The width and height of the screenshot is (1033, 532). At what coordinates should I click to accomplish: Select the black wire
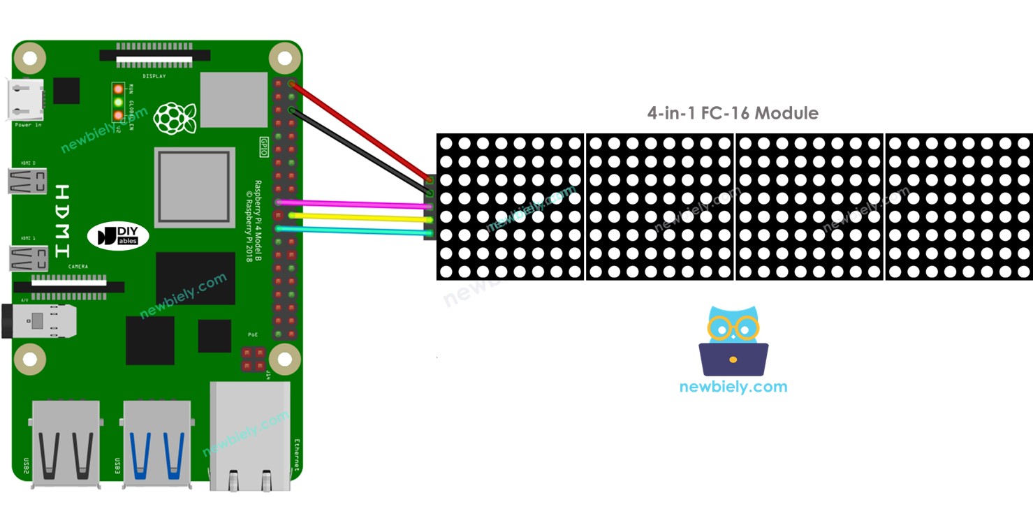tap(360, 150)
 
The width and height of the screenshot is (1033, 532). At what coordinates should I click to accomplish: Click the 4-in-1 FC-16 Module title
tap(733, 113)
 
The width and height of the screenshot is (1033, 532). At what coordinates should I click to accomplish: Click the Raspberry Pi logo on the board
tap(175, 119)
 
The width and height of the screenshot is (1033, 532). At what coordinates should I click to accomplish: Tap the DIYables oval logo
tap(118, 236)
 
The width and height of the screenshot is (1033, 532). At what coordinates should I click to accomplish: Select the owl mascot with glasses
tap(733, 341)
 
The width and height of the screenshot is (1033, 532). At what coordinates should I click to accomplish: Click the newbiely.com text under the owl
tap(733, 387)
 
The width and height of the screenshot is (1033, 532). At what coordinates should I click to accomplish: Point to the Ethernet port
tap(250, 433)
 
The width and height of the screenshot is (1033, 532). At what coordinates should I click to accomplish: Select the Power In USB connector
tap(27, 100)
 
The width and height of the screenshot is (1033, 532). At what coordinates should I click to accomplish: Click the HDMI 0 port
tap(28, 182)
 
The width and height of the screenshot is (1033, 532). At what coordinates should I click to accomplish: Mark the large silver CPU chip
tap(194, 187)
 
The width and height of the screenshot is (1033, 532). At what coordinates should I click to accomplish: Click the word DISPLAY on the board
tap(154, 75)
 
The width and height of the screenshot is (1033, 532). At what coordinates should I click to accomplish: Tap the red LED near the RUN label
tap(118, 89)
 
